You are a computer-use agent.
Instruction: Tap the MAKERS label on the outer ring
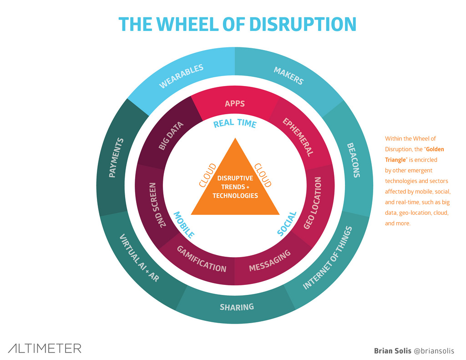tap(288, 76)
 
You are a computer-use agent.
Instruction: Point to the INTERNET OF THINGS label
tap(328, 258)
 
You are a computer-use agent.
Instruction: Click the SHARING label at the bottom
tap(237, 307)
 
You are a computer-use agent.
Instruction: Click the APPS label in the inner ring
tap(235, 103)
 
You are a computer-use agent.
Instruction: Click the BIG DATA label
tap(171, 136)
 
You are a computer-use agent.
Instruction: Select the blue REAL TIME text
tap(235, 123)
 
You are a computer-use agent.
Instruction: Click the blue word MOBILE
tap(184, 225)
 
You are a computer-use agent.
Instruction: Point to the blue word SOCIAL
tap(287, 223)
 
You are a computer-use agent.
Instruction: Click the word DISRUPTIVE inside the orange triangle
tap(235, 178)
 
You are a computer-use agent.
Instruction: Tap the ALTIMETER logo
tap(45, 348)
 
